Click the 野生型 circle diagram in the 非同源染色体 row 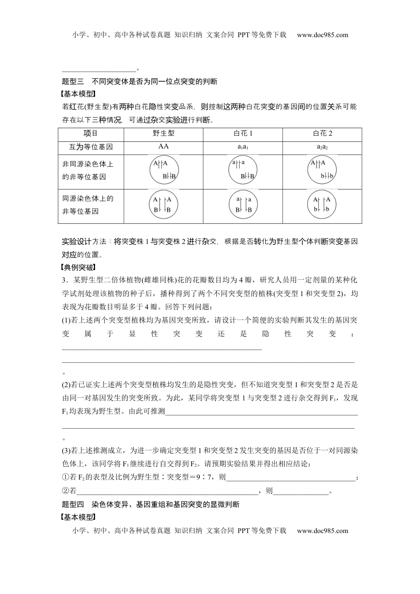pyautogui.click(x=163, y=170)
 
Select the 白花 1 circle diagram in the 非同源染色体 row pyautogui.click(x=243, y=171)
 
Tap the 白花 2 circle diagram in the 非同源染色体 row pyautogui.click(x=322, y=170)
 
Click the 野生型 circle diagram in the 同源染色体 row pyautogui.click(x=163, y=205)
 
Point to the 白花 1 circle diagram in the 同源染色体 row pyautogui.click(x=243, y=205)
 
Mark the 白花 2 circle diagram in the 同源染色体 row pyautogui.click(x=322, y=205)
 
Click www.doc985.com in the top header pyautogui.click(x=322, y=35)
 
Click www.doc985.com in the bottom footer pyautogui.click(x=322, y=531)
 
